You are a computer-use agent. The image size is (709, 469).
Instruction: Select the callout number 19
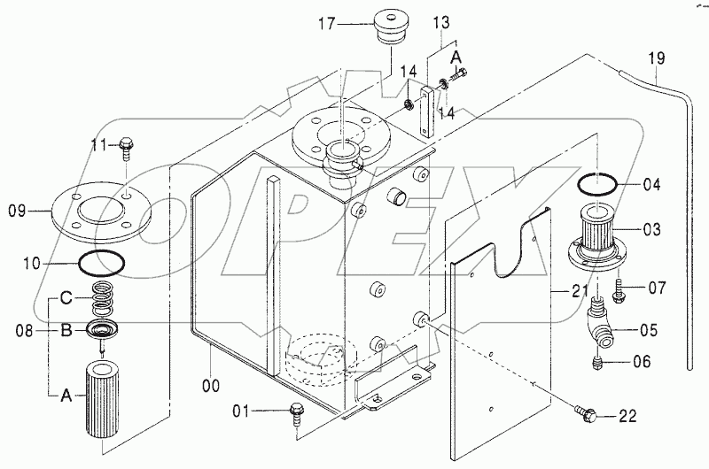(655, 60)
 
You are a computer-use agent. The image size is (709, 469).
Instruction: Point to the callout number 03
(651, 230)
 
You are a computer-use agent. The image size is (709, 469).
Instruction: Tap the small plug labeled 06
(596, 361)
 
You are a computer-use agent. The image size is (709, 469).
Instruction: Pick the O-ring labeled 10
(99, 263)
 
